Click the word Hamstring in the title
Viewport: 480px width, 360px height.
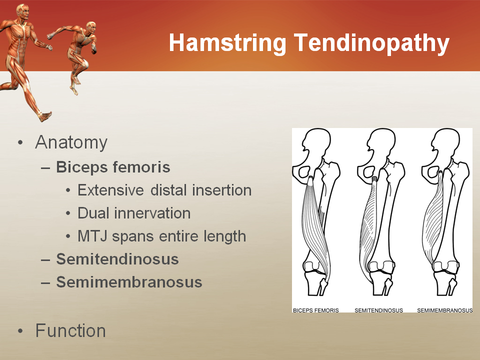point(228,44)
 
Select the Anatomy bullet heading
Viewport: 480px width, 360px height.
point(71,143)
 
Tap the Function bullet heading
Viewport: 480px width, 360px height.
point(70,331)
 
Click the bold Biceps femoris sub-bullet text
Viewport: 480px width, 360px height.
point(113,167)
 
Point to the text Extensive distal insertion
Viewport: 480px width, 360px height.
point(164,190)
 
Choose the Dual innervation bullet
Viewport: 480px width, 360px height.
point(134,213)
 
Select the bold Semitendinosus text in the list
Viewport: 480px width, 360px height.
point(117,259)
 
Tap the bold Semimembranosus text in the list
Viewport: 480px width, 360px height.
point(129,282)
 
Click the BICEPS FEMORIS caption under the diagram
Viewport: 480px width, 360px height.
point(315,310)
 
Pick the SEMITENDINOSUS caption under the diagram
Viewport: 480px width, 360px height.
point(378,310)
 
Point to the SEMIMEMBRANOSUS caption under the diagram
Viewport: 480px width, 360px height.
point(444,310)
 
